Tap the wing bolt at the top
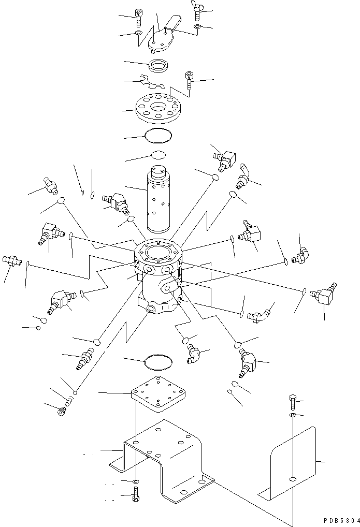pos(198,10)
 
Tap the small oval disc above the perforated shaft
pos(158,155)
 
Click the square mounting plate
pos(159,393)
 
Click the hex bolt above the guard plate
pos(292,403)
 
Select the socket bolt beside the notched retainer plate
pos(190,80)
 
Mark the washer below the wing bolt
pos(197,26)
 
